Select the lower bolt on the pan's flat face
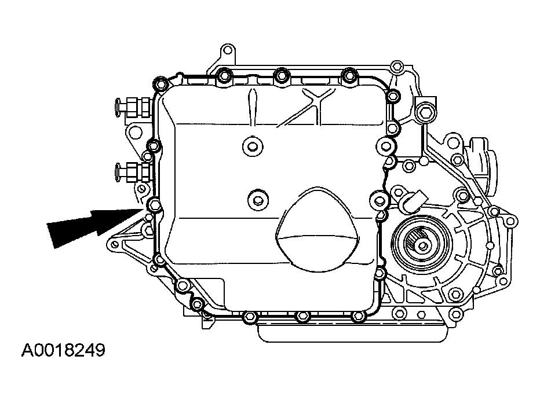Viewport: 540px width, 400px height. (x=257, y=199)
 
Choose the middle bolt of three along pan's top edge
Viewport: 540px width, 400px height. (x=281, y=74)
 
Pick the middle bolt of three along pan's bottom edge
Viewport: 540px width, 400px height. (x=301, y=317)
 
